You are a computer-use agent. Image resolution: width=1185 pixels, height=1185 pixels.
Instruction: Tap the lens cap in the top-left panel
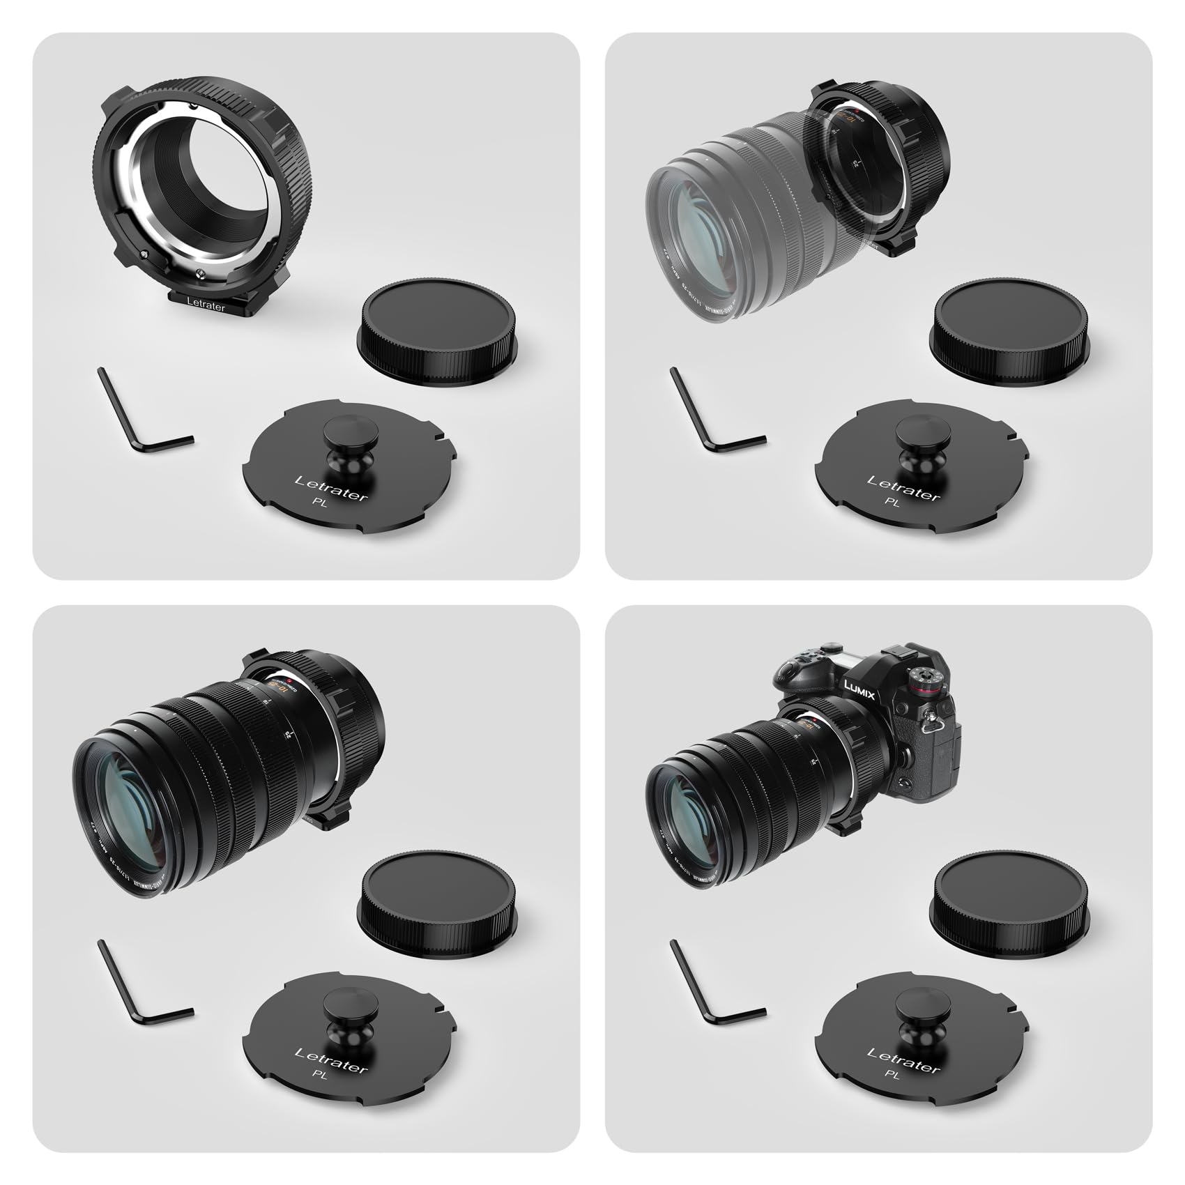437,327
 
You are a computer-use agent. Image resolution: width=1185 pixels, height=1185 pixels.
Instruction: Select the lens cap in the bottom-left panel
437,899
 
